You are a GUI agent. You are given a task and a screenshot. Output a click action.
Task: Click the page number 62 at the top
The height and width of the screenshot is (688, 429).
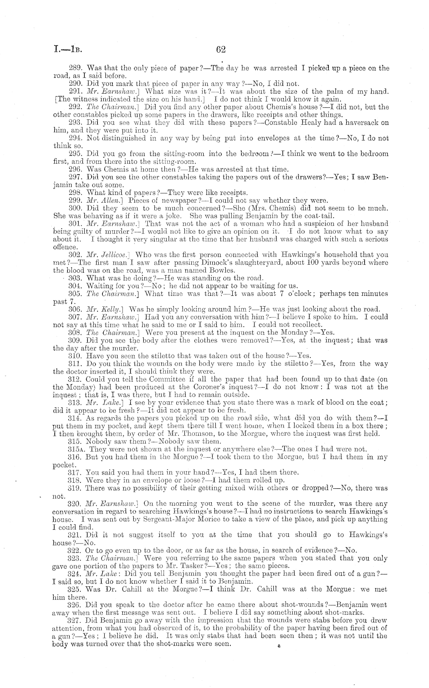[x=221, y=50]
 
